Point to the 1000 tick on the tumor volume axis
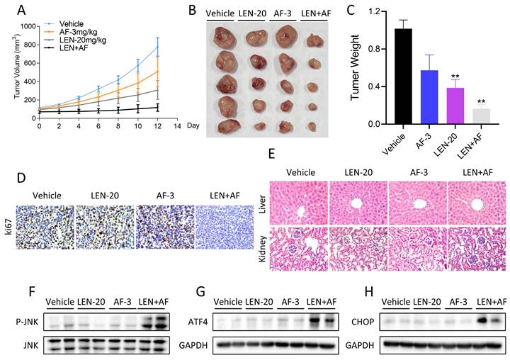pos(27,26)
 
